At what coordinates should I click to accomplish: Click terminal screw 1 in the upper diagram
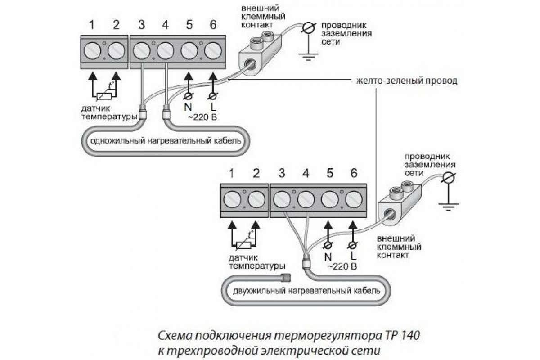pyautogui.click(x=92, y=50)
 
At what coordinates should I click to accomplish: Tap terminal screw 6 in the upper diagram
pyautogui.click(x=212, y=50)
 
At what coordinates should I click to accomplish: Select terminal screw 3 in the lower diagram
pyautogui.click(x=282, y=199)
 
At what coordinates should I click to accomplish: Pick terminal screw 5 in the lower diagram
pyautogui.click(x=330, y=199)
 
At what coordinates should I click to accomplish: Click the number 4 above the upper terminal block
pyautogui.click(x=165, y=25)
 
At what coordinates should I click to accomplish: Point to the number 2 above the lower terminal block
pyautogui.click(x=256, y=173)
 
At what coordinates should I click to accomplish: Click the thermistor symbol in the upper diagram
pyautogui.click(x=104, y=94)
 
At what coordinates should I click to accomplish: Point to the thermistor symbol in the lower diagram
pyautogui.click(x=243, y=243)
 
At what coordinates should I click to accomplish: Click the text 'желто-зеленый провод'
pyautogui.click(x=406, y=81)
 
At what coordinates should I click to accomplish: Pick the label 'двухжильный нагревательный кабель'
pyautogui.click(x=306, y=290)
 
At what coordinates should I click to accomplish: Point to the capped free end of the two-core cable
pyautogui.click(x=286, y=276)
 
